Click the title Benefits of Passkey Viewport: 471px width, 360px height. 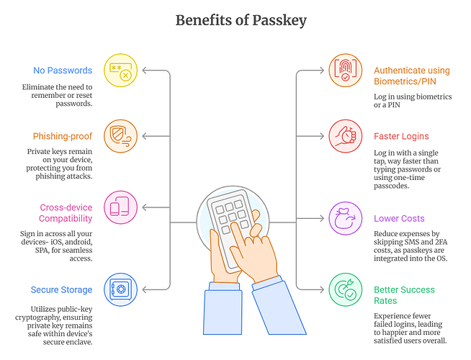241,20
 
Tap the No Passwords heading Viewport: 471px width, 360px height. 63,71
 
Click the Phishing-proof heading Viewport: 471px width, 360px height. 63,136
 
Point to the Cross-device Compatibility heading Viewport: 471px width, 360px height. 66,213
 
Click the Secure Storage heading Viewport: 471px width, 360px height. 61,289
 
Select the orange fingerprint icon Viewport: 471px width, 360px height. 346,71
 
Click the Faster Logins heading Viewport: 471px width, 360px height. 401,136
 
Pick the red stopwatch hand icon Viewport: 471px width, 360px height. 346,136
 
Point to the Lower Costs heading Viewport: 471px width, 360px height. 399,218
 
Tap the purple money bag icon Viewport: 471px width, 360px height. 346,218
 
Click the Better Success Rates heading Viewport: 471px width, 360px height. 404,295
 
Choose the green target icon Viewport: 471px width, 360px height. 346,290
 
